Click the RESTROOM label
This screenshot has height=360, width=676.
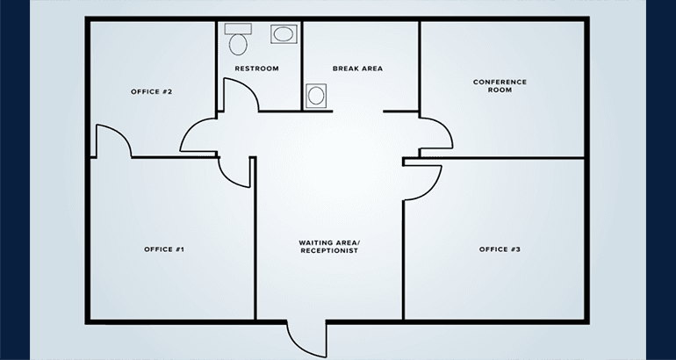[256, 68]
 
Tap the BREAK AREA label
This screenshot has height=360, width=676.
[357, 68]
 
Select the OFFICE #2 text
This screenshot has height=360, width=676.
[151, 92]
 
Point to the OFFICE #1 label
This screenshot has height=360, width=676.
[164, 249]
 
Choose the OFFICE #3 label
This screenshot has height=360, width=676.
[500, 249]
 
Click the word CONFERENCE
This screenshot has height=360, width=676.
[500, 82]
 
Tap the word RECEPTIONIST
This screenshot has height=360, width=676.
[329, 250]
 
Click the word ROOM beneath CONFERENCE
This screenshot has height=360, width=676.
[500, 90]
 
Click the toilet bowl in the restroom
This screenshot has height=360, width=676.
[238, 45]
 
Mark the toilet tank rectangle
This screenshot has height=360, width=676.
[238, 29]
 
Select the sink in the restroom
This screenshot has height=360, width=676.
[284, 34]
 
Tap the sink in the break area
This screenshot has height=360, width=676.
[316, 96]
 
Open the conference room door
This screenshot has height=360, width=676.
[445, 126]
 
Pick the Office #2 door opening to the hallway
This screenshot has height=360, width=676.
[188, 128]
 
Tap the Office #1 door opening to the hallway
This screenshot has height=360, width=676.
[227, 178]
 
